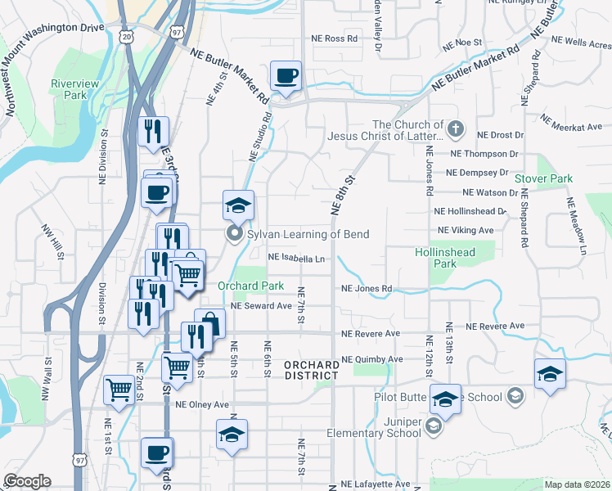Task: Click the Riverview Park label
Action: (74, 89)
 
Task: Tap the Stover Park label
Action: (543, 178)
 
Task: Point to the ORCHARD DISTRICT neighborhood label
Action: (312, 370)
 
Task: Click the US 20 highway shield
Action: (125, 37)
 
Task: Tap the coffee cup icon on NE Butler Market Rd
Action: (286, 77)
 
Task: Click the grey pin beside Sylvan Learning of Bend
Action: (235, 235)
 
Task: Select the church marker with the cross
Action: (456, 129)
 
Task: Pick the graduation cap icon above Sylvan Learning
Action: (238, 205)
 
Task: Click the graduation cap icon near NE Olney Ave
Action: (232, 434)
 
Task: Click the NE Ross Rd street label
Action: (335, 38)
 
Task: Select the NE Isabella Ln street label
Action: (297, 259)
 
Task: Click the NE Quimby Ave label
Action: (372, 359)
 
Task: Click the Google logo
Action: (27, 481)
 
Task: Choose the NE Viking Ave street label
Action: (466, 231)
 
